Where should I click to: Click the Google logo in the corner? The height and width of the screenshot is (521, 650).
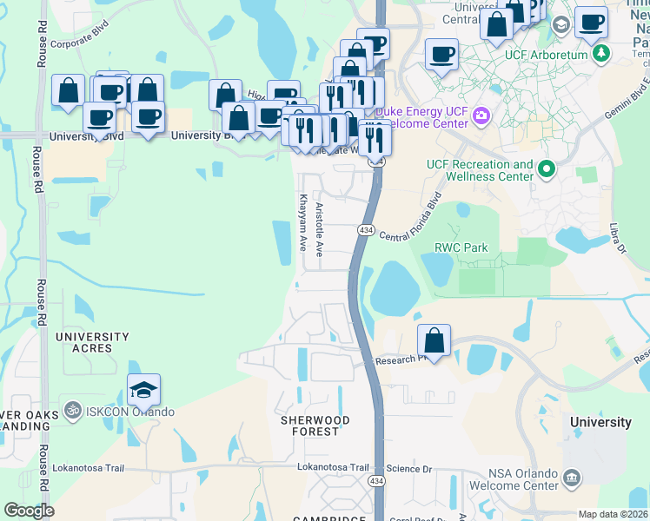(30, 511)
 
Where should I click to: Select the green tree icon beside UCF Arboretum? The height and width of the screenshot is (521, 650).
(600, 54)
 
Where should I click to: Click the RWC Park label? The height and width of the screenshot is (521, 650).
(461, 248)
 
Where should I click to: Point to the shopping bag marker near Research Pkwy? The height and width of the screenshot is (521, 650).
(434, 340)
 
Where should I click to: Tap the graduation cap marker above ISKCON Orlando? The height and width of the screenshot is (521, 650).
(144, 390)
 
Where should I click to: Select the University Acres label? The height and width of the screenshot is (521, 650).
(92, 342)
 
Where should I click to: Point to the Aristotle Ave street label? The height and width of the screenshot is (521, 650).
(320, 230)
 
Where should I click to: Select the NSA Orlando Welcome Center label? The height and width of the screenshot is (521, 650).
(514, 479)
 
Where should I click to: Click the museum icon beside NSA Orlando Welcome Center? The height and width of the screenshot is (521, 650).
(572, 477)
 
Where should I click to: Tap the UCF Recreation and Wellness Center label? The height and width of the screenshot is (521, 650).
(480, 170)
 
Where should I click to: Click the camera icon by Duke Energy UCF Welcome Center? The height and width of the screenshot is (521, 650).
(480, 115)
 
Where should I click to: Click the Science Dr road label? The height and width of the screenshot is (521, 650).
(409, 468)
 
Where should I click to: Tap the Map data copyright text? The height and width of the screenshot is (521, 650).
(613, 514)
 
